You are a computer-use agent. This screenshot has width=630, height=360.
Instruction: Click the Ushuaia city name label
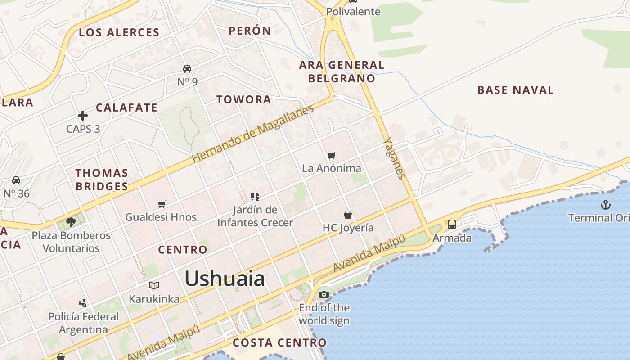point(225,279)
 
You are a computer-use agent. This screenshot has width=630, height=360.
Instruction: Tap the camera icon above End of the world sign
point(324,295)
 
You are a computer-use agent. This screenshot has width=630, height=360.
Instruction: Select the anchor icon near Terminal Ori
point(606,205)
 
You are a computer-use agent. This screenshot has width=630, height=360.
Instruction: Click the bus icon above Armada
point(452,224)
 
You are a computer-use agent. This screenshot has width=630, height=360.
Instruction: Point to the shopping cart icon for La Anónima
point(332,156)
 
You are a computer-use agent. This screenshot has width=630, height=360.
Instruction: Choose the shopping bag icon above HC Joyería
point(348,215)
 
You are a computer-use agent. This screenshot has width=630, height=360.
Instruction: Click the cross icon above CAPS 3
point(83,116)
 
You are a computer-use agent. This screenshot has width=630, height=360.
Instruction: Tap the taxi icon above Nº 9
point(187,69)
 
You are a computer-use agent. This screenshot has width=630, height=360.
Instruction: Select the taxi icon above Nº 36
point(16,180)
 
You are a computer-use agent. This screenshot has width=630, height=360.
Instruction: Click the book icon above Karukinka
point(154,285)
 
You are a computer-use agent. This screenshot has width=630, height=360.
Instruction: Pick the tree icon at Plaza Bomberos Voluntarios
point(71,222)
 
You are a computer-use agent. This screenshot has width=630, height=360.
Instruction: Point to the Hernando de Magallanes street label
point(252,134)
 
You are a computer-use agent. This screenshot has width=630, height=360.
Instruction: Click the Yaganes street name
point(394,158)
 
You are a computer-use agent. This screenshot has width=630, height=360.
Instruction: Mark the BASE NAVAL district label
point(515,90)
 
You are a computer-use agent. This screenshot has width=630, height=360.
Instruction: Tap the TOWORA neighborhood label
point(244,99)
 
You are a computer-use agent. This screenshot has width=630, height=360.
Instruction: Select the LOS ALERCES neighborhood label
point(119,32)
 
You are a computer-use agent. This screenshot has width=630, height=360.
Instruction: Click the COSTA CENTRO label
point(279,342)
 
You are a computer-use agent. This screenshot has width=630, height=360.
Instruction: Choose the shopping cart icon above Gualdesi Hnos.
point(162,204)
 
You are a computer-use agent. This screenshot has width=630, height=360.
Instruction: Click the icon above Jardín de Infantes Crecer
point(255,197)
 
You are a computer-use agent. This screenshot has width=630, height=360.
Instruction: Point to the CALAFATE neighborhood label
point(126,108)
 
